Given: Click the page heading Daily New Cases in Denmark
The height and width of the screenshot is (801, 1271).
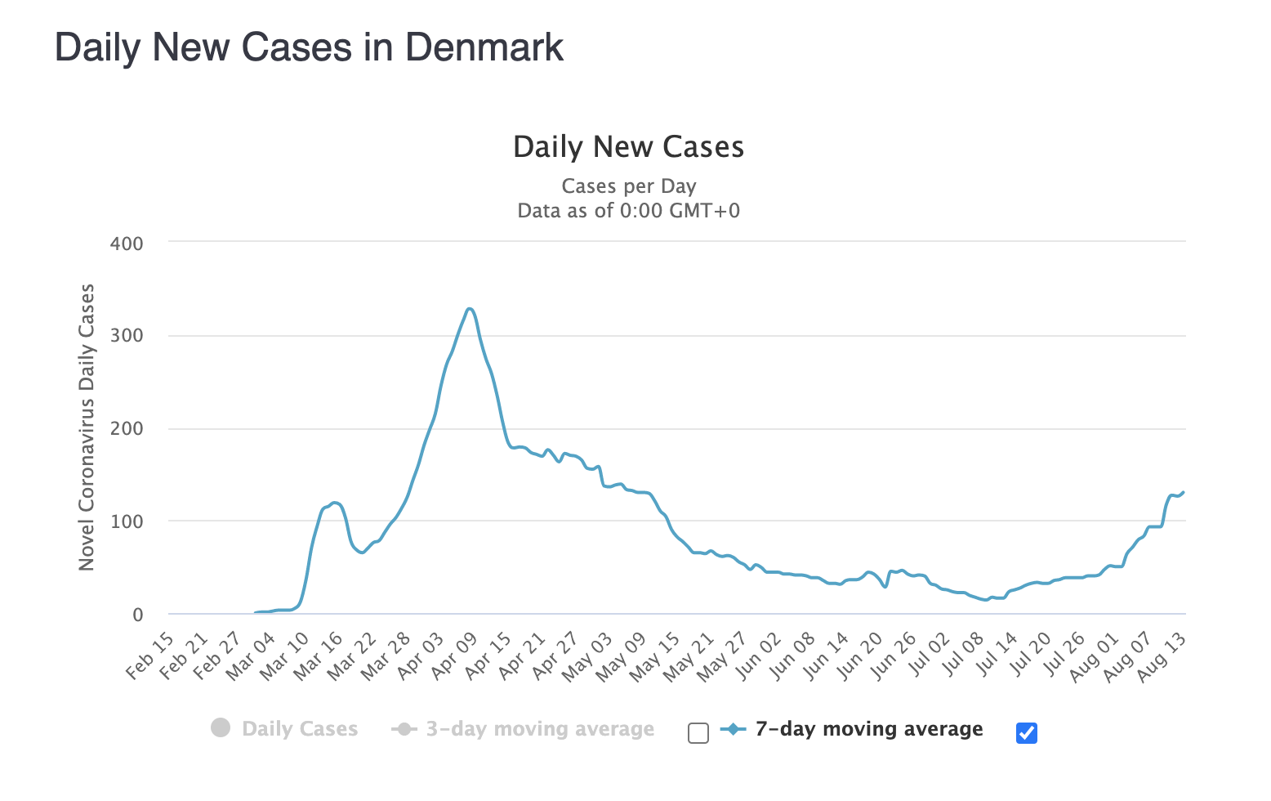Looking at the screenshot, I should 309,47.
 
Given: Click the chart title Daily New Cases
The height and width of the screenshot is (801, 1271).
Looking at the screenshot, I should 628,147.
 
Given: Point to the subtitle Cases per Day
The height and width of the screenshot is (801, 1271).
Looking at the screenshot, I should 628,186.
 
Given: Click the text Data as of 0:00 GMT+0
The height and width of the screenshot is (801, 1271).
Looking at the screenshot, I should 628,211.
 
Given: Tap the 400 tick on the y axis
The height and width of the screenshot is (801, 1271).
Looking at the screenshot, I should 127,244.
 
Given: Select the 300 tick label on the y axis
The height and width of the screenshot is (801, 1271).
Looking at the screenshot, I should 127,336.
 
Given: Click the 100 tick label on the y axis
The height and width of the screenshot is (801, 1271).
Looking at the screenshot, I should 127,521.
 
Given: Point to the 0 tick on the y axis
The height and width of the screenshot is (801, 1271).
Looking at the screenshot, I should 138,615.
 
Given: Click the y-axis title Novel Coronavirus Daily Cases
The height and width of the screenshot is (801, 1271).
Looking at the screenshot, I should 87,427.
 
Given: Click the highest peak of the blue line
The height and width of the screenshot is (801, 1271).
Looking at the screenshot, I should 469,309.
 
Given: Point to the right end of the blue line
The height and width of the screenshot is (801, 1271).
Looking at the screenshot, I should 1184,492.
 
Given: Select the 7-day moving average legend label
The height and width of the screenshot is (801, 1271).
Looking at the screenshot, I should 868,729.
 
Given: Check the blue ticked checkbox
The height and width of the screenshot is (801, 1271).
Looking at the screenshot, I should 1027,733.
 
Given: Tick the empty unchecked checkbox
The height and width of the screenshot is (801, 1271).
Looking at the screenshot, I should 698,733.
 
